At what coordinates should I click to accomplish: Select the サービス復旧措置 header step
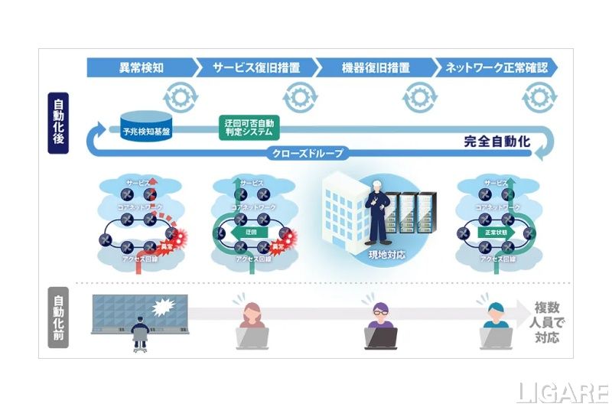(x=256, y=67)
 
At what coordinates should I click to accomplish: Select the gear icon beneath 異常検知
(x=181, y=96)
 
